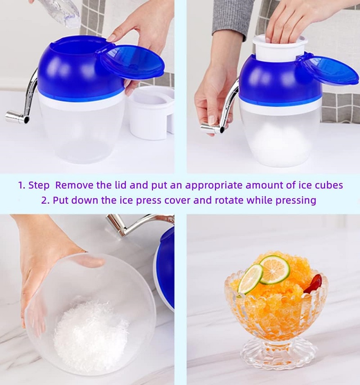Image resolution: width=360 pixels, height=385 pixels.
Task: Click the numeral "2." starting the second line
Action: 45,200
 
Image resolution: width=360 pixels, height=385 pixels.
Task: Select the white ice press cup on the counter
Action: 151,113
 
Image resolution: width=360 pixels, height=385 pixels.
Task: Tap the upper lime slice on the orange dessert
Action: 275,269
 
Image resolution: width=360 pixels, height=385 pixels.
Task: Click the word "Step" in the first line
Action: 39,185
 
